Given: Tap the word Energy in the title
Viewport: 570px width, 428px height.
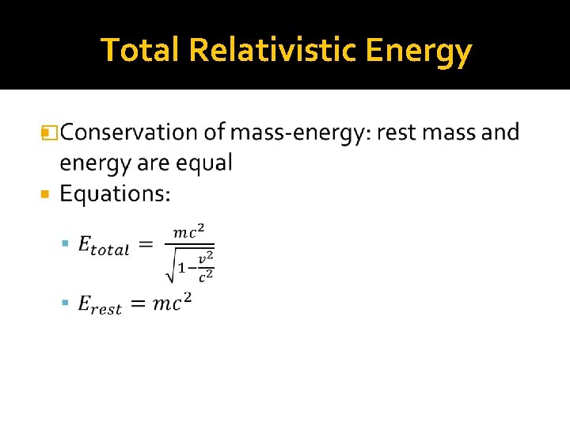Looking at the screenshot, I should coord(420,51).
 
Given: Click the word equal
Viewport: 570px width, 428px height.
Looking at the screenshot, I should coord(203,162).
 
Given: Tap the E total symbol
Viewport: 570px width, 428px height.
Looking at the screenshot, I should coord(103,246).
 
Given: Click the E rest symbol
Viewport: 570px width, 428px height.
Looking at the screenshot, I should coord(100,305).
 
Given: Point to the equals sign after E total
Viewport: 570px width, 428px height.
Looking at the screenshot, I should coord(146,246).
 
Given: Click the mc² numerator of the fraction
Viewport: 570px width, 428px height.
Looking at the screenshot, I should coord(189,231).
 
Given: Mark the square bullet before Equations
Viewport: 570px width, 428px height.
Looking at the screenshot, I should coord(45,193).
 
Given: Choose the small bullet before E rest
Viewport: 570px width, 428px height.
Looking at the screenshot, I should coord(66,304).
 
